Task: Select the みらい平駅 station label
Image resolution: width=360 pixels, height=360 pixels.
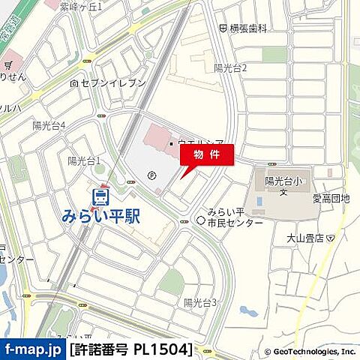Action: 100,217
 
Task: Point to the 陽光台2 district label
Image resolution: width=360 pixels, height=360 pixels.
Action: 230,67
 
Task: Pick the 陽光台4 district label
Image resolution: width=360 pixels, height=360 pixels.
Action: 49,125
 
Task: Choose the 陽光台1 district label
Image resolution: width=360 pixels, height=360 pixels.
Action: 84,160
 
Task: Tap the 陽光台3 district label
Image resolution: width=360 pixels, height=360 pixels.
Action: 200,302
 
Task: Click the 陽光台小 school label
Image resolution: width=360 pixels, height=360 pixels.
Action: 283,181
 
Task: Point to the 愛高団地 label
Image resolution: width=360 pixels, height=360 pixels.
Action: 331,199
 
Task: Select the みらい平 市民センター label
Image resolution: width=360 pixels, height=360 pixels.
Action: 235,217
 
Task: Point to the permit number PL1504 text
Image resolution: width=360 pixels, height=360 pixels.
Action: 130,349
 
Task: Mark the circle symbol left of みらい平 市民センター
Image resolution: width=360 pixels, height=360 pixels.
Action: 200,220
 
